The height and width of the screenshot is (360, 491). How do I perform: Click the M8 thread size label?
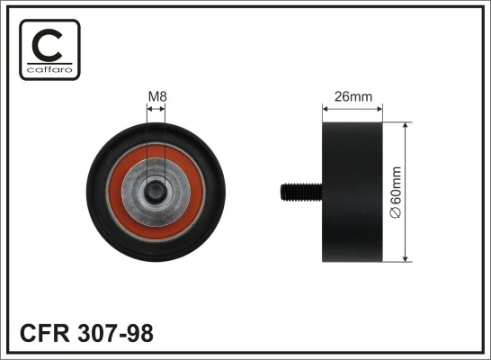coord(156,96)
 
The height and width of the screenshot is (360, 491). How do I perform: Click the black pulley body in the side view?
coord(352,191)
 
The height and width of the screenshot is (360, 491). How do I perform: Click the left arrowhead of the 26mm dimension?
coord(325,110)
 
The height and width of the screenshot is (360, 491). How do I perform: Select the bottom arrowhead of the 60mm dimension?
coord(406,258)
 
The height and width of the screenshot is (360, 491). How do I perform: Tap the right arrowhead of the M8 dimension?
coord(164,110)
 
